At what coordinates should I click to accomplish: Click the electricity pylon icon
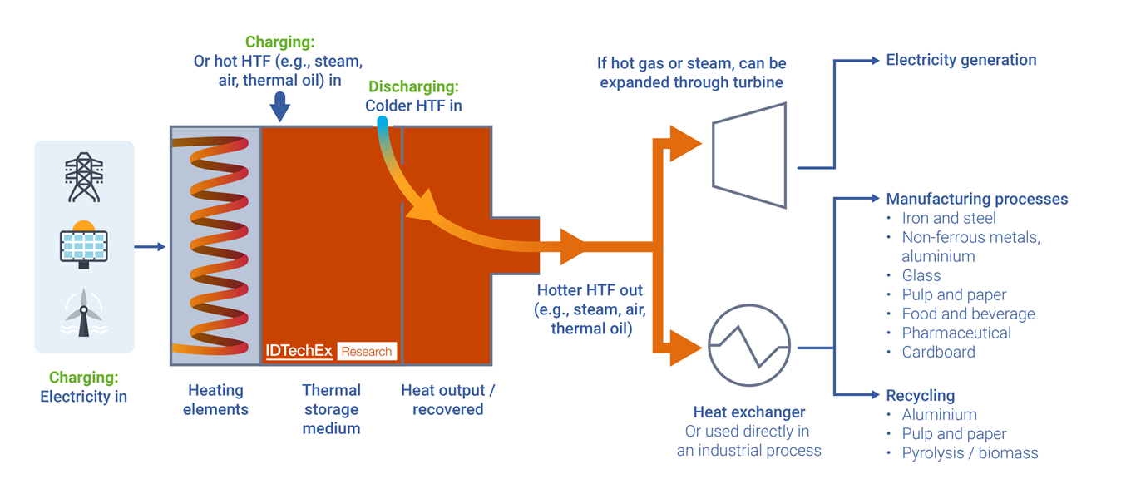(84, 177)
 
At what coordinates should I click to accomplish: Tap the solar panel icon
(83, 245)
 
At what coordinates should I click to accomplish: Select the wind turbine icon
(83, 313)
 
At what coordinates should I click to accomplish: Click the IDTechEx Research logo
(331, 351)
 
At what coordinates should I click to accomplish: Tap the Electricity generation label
(961, 60)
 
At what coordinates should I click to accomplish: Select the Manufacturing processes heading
(976, 200)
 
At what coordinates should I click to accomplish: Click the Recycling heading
(920, 396)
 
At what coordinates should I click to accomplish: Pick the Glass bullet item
(921, 275)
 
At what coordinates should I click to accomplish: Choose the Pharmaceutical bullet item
(956, 333)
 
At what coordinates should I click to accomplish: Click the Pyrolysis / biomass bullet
(970, 453)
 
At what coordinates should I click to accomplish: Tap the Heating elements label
(215, 399)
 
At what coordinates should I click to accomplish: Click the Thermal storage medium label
(331, 409)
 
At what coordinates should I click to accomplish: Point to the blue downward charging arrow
(280, 106)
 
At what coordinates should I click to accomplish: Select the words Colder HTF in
(413, 106)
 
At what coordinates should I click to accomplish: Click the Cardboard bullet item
(938, 352)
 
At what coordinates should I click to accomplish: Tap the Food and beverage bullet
(968, 314)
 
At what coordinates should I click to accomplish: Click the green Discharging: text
(413, 87)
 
